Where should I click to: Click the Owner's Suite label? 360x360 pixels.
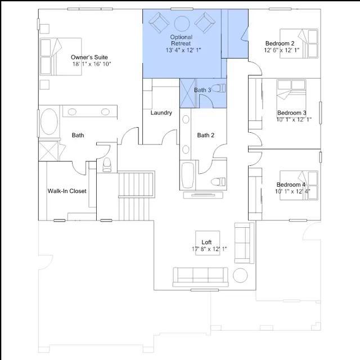point(89,57)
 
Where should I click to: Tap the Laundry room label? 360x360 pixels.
point(161,112)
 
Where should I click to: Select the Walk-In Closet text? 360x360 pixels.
point(67,191)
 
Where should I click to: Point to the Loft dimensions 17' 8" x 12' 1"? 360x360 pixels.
point(209,249)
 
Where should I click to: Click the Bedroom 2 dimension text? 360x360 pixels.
point(281,50)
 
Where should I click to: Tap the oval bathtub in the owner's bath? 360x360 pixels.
point(49,121)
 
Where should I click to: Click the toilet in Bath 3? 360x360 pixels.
point(218,88)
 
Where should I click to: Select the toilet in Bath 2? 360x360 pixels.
point(218,182)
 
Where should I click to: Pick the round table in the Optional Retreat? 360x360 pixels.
point(182,24)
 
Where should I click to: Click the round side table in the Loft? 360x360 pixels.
point(240,275)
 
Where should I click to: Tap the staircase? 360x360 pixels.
point(136,196)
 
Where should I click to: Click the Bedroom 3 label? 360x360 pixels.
point(291,112)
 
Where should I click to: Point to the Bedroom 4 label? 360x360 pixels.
point(291,184)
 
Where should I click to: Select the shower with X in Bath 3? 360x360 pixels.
point(188,93)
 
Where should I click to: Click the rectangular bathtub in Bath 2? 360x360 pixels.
point(187,175)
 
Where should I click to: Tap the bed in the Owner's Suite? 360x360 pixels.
point(61,56)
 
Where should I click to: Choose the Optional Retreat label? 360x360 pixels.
point(181,40)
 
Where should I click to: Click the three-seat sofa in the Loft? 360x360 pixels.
point(200,277)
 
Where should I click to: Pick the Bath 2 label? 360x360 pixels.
point(206,135)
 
